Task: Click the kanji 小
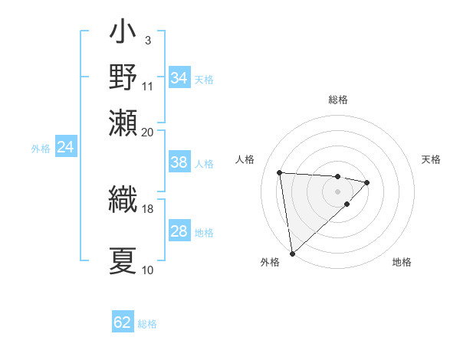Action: click(123, 33)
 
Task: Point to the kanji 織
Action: click(123, 199)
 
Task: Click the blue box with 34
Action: click(179, 78)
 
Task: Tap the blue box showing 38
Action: click(179, 162)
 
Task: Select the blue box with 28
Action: click(179, 231)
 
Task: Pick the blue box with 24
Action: click(66, 147)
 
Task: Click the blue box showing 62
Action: click(123, 322)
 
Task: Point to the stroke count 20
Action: click(147, 132)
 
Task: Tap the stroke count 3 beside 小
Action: click(147, 40)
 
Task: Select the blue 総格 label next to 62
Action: click(147, 324)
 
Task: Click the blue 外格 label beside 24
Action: click(41, 149)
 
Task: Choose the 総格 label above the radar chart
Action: click(337, 100)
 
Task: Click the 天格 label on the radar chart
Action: click(431, 159)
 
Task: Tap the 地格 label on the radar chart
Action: click(402, 262)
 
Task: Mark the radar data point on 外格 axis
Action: click(292, 253)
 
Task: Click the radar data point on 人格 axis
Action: click(280, 172)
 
